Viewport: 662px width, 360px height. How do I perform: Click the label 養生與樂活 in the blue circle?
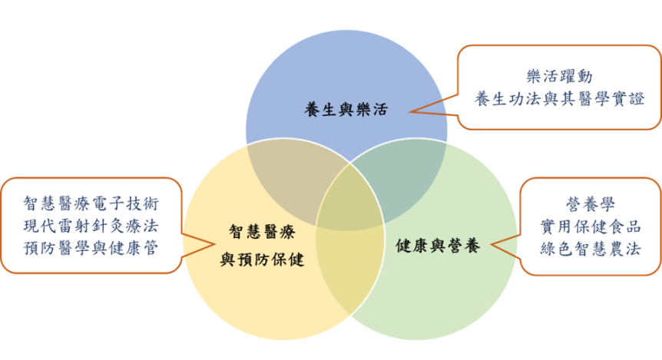click(x=346, y=110)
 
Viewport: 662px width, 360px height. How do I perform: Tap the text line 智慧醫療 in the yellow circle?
click(x=262, y=232)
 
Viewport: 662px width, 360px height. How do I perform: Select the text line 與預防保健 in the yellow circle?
click(x=262, y=259)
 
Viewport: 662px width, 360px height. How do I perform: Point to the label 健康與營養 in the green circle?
click(x=438, y=246)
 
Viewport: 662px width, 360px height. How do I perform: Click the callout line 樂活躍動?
click(x=559, y=77)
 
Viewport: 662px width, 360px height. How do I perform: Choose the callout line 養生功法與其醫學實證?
click(x=559, y=99)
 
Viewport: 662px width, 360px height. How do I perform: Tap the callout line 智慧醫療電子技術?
click(x=91, y=203)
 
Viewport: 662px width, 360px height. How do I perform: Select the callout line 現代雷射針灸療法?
click(x=91, y=226)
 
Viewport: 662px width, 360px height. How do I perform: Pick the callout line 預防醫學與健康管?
click(x=91, y=248)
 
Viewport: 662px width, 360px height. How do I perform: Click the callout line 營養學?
click(x=591, y=204)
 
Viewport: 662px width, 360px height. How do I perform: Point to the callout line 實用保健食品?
click(x=591, y=226)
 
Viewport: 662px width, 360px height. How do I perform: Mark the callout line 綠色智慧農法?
click(x=591, y=249)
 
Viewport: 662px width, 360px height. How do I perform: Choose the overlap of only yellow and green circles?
click(x=349, y=270)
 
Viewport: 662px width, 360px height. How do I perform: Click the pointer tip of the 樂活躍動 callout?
click(x=409, y=112)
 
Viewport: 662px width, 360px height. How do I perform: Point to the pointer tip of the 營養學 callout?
click(x=491, y=244)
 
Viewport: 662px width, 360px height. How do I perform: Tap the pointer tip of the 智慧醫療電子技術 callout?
click(x=214, y=244)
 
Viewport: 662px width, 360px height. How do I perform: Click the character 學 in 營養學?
click(x=607, y=204)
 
